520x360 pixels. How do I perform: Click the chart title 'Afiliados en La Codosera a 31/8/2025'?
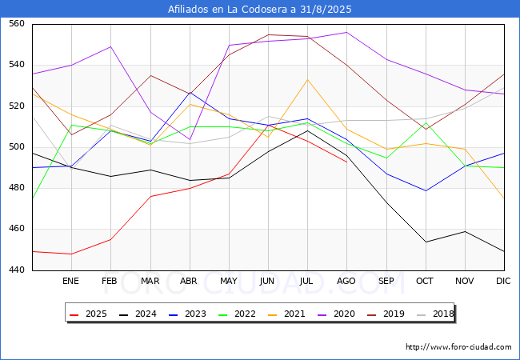[x=259, y=10]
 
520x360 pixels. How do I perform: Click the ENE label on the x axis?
[x=71, y=282]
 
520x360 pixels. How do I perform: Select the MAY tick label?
[x=228, y=282]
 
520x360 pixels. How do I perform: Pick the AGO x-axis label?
[x=346, y=282]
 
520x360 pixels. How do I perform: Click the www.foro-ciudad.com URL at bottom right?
[x=458, y=347]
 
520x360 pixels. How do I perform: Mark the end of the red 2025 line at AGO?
[x=346, y=162]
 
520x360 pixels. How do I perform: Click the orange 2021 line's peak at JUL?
[x=307, y=79]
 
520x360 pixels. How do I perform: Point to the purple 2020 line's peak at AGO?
[x=346, y=33]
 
